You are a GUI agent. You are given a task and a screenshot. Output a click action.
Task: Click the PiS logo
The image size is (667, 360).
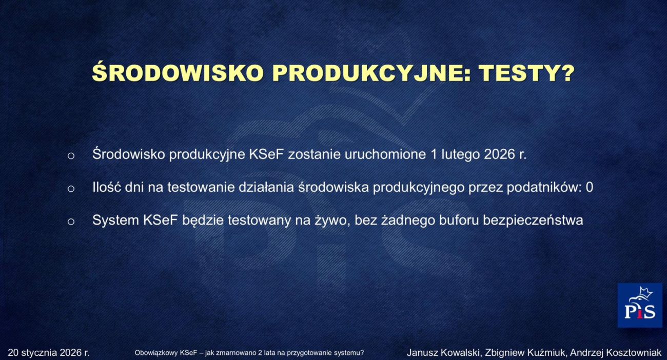(x=639, y=305)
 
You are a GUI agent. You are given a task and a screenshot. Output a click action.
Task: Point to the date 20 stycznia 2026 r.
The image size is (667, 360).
(x=49, y=353)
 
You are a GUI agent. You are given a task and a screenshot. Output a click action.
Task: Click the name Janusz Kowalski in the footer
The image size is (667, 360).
(x=443, y=353)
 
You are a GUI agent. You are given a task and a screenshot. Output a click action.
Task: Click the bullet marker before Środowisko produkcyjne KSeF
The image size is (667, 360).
(x=71, y=155)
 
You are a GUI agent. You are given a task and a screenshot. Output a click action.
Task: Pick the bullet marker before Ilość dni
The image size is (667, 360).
(x=71, y=188)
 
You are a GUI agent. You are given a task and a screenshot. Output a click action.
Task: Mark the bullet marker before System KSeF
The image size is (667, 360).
(x=71, y=221)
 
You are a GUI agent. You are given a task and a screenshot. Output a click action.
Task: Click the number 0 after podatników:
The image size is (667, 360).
(x=590, y=188)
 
